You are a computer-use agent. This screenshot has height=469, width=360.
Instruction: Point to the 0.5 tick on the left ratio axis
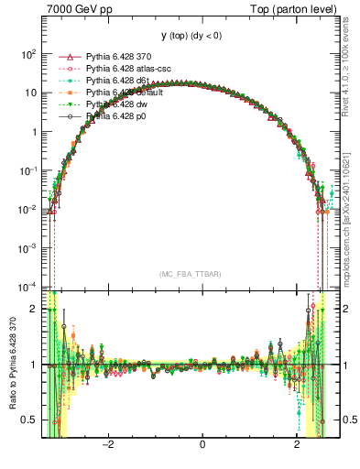pyautogui.click(x=29, y=420)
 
